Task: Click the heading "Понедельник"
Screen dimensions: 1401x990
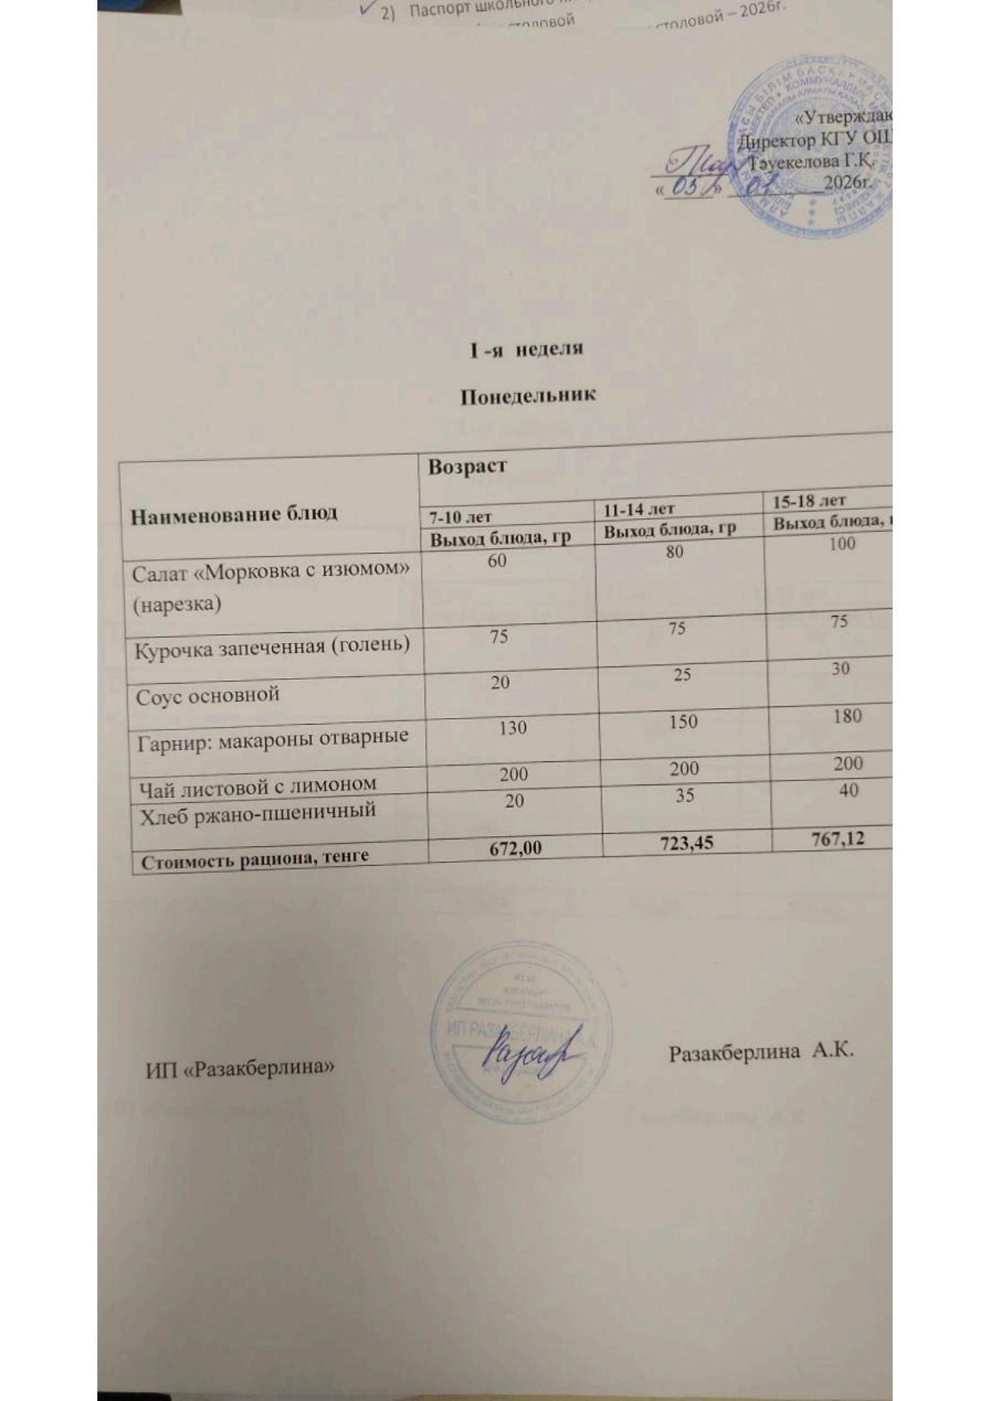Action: (528, 395)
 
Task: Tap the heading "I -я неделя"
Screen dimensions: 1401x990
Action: (527, 349)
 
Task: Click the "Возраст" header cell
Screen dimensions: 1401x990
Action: (467, 467)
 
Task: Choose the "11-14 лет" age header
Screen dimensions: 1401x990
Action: (639, 509)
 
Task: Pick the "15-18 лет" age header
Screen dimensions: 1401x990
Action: (809, 501)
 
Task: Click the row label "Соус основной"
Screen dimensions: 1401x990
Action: (207, 696)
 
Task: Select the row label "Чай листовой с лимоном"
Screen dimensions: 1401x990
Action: (257, 785)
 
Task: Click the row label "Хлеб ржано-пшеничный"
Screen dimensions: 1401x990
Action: (258, 811)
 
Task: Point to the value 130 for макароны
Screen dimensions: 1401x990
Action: (512, 728)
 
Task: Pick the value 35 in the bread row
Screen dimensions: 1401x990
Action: (684, 795)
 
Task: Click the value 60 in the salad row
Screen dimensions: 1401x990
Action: (497, 560)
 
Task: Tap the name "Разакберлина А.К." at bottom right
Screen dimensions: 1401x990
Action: (761, 1051)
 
